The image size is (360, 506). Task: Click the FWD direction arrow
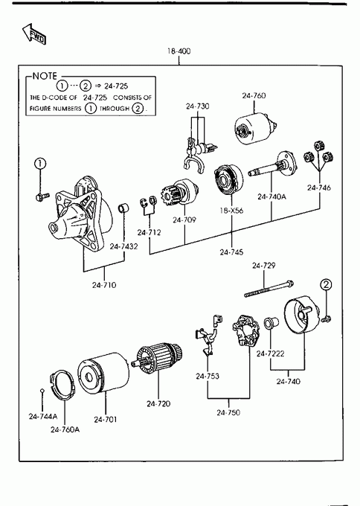pos(34,34)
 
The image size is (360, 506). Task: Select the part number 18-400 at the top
pos(179,51)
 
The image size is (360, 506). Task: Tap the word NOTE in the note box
pos(45,76)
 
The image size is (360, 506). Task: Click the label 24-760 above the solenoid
pos(254,95)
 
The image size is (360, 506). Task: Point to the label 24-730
pos(197,106)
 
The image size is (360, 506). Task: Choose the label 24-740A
pos(271,196)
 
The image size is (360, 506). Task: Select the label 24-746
pos(319,188)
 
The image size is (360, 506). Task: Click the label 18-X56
pos(231,211)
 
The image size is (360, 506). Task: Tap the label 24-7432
pos(123,246)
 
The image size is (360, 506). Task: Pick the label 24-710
pos(104,285)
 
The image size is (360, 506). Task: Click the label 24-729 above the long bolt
pos(263,266)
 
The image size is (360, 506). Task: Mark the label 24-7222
pos(270,354)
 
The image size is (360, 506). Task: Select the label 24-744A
pos(43,417)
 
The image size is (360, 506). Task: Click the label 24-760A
pos(65,429)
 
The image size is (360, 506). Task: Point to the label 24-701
pos(106,420)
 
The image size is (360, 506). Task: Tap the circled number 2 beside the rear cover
pos(326,284)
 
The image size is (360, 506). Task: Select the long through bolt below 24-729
pos(269,289)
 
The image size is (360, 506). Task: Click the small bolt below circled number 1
pos(42,196)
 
